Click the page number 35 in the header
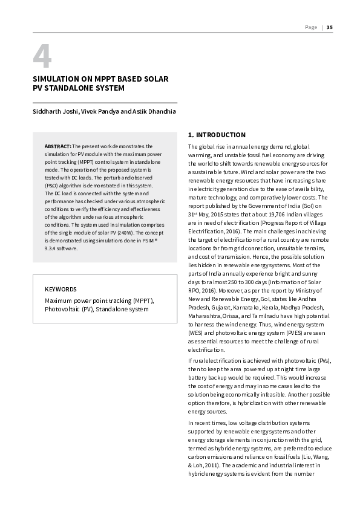pyautogui.click(x=329, y=27)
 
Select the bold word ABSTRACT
pyautogui.click(x=58, y=147)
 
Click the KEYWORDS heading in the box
pyautogui.click(x=61, y=289)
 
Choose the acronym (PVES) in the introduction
pyautogui.click(x=288, y=332)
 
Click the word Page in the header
pyautogui.click(x=311, y=27)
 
